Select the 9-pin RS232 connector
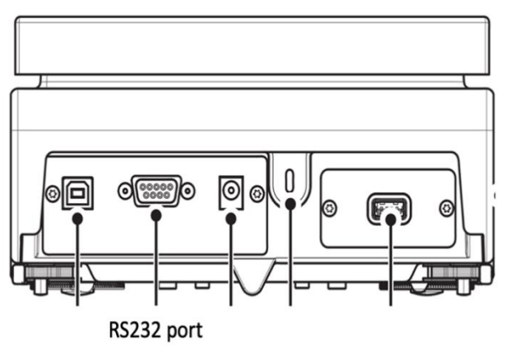pyautogui.click(x=155, y=192)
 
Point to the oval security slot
pyautogui.click(x=289, y=179)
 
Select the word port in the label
pyautogui.click(x=186, y=332)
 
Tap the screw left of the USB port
pyautogui.click(x=53, y=194)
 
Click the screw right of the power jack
pyautogui.click(x=257, y=194)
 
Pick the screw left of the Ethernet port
pyautogui.click(x=330, y=207)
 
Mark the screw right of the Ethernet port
pyautogui.click(x=447, y=207)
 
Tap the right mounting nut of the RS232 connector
pyautogui.click(x=188, y=192)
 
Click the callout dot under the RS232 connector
pyautogui.click(x=155, y=216)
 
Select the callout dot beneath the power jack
pyautogui.click(x=231, y=219)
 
